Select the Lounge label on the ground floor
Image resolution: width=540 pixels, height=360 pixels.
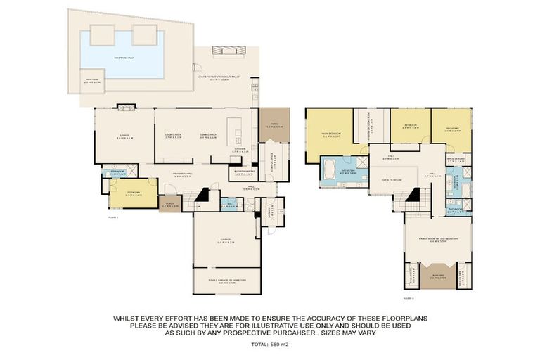tap(124, 136)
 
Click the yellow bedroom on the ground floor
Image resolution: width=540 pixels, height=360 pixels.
tap(133, 193)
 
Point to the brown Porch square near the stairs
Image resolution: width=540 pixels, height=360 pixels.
tap(169, 204)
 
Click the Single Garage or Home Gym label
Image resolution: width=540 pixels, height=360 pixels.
tap(226, 282)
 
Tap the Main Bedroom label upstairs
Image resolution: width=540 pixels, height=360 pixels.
tap(329, 136)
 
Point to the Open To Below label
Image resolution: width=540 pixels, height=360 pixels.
tap(391, 180)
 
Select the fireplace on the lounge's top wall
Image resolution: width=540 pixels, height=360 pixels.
tap(125, 108)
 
